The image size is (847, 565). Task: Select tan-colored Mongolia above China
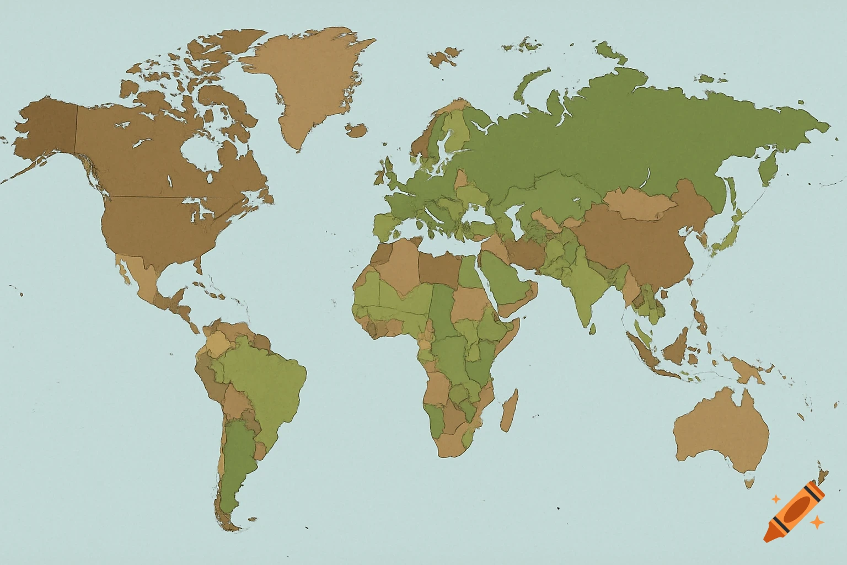640,205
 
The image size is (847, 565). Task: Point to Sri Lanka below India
592,329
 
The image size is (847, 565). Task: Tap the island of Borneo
676,348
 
